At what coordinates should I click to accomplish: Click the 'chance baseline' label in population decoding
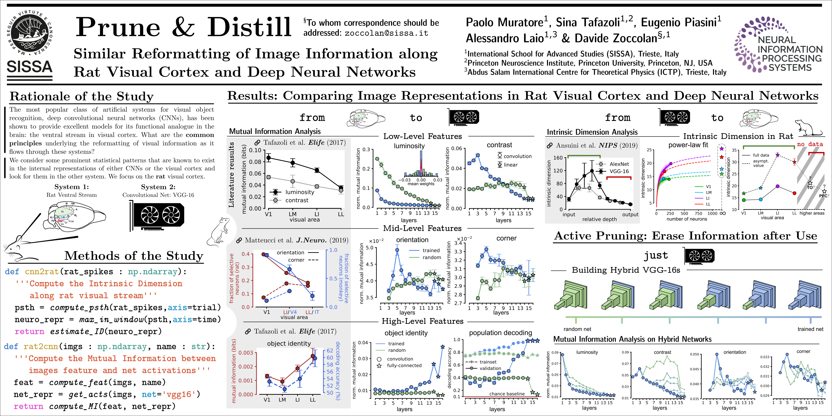507,394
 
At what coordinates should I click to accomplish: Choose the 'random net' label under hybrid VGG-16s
577,329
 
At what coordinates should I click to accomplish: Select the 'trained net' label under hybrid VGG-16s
810,329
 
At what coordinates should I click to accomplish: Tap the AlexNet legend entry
619,164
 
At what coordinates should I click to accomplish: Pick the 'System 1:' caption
71,187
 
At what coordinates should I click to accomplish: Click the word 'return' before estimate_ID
29,331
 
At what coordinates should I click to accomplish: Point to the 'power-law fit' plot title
688,145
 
